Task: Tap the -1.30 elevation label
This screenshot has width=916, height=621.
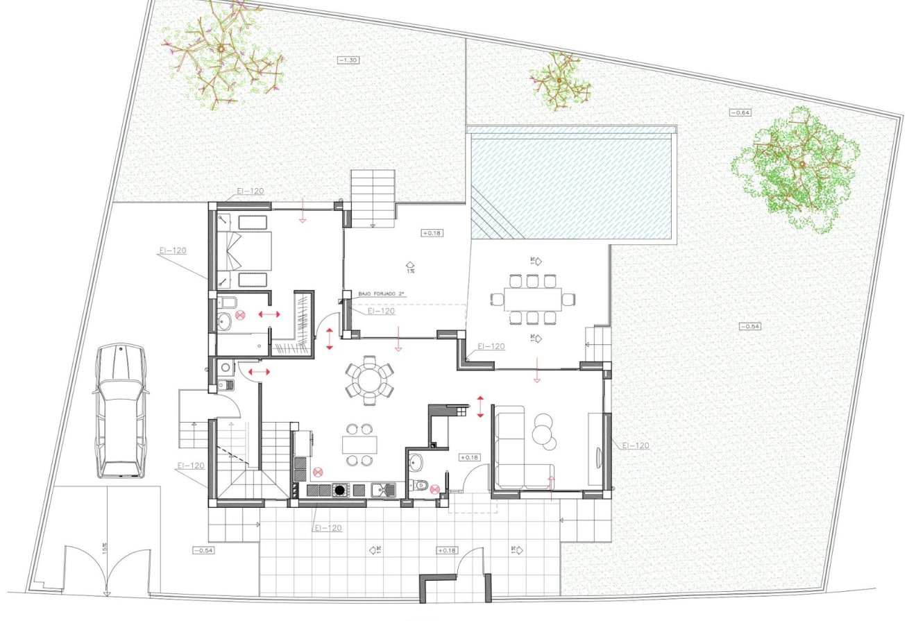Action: pos(348,60)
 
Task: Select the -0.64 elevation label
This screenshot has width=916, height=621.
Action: pos(740,112)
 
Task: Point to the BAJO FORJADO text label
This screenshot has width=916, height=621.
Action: pos(382,294)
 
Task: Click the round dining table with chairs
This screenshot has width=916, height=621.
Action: pos(369,379)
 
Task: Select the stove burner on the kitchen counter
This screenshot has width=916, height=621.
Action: pos(339,490)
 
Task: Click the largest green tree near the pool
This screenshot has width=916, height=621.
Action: pos(796,169)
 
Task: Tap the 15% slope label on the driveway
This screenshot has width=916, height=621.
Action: pos(105,548)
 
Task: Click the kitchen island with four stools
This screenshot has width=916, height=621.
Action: pos(359,444)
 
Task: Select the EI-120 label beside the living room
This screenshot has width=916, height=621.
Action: pos(635,445)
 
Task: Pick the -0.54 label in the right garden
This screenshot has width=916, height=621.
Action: pos(750,326)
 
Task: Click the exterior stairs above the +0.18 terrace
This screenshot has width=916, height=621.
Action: pos(372,197)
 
